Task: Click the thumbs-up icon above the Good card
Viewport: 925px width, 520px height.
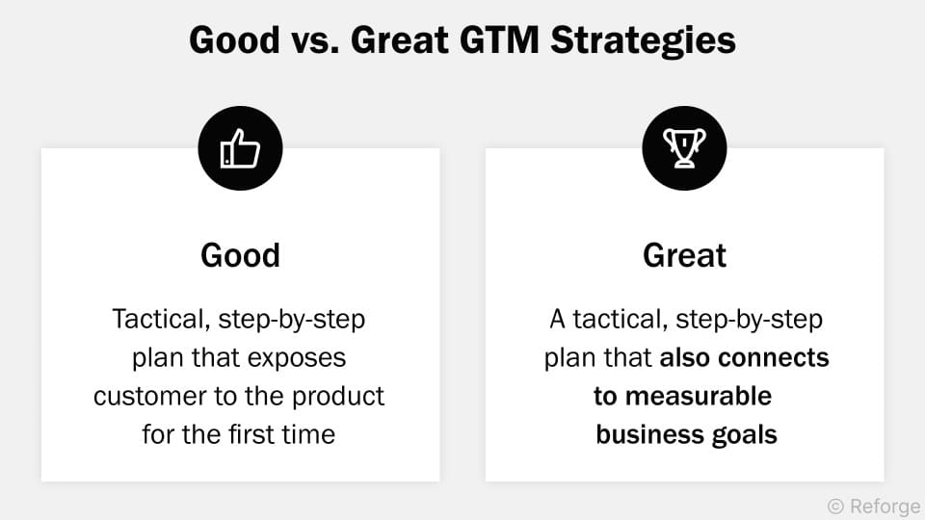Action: [240, 148]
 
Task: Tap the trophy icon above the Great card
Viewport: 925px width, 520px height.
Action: [684, 148]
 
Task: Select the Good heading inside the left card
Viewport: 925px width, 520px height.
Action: [240, 255]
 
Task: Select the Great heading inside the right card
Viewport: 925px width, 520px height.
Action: [684, 255]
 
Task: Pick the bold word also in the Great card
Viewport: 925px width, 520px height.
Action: [686, 357]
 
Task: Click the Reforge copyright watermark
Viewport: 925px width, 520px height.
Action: [873, 506]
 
